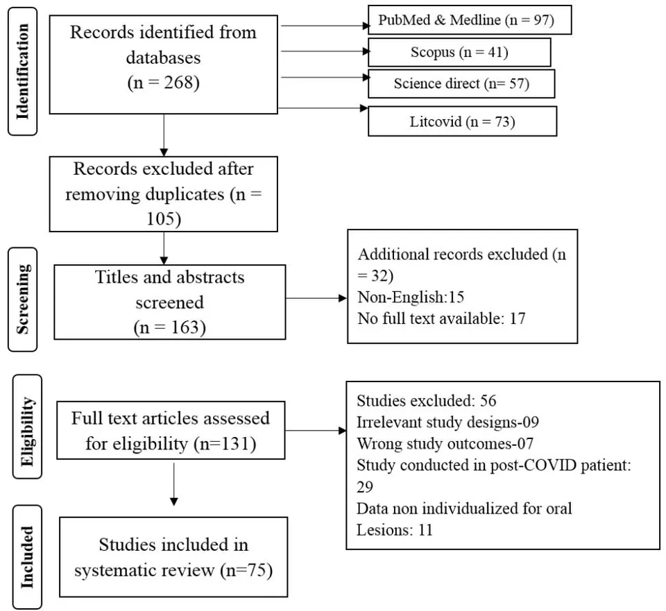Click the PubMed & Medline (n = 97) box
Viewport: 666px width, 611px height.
[470, 20]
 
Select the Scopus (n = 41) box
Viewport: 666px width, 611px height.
[459, 52]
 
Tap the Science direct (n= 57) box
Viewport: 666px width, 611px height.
[461, 84]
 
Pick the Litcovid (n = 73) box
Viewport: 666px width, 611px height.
[462, 121]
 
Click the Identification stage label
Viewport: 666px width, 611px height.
[22, 71]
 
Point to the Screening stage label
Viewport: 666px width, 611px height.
[22, 300]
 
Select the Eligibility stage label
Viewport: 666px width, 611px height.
[27, 427]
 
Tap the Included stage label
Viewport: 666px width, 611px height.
[27, 557]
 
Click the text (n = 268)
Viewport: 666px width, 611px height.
[164, 83]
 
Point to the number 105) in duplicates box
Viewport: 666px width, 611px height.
[164, 218]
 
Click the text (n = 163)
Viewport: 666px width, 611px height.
[170, 327]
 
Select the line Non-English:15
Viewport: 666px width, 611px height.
[411, 297]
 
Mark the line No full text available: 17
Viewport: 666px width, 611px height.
[442, 318]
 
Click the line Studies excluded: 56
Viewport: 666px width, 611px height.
[427, 400]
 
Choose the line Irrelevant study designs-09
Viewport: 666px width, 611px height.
[447, 422]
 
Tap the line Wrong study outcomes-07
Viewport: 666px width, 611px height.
[445, 444]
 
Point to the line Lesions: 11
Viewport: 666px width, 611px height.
[395, 530]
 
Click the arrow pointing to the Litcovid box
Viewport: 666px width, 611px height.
[323, 108]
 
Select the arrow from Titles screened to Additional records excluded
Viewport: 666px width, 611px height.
[316, 298]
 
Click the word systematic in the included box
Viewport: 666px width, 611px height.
[144, 570]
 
